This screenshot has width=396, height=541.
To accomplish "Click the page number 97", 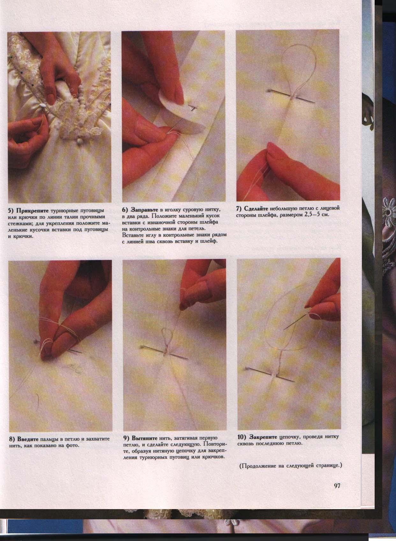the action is point(337,485).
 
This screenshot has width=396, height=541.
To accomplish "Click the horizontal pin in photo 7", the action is point(292,97).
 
